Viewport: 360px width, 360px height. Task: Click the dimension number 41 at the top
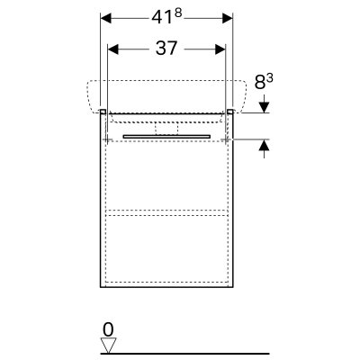point(162,17)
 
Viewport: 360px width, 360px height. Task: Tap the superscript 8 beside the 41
point(178,13)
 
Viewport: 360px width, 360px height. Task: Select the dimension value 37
point(166,49)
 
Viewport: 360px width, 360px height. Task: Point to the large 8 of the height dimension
point(260,83)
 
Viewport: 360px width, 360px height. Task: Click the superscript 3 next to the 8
point(269,79)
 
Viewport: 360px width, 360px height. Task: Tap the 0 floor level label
point(108,330)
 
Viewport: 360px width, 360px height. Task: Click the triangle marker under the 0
point(108,346)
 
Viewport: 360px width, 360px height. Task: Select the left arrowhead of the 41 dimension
point(106,18)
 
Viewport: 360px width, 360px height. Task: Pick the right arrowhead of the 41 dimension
point(228,18)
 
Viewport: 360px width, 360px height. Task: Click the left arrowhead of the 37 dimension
point(113,49)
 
